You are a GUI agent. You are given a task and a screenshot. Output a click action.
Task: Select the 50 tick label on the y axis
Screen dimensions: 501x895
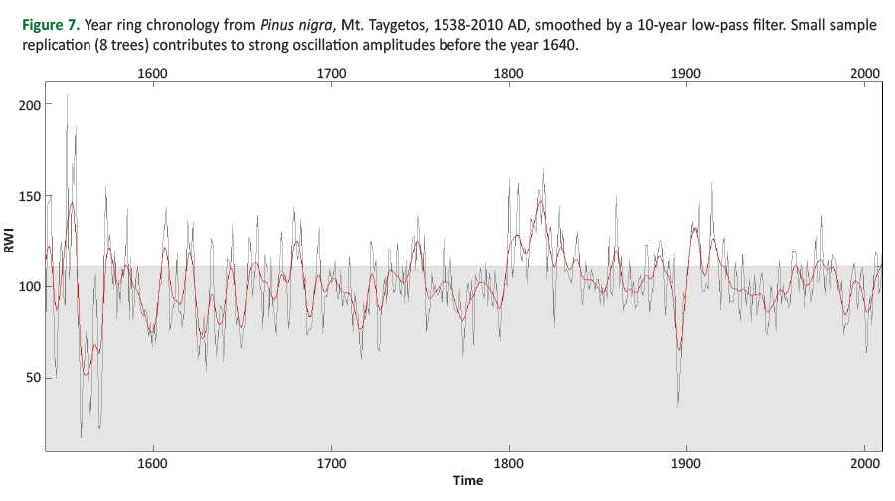(31, 378)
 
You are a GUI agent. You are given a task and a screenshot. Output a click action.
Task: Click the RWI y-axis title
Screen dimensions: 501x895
(9, 242)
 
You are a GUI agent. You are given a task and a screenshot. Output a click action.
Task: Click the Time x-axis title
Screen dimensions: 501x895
(467, 481)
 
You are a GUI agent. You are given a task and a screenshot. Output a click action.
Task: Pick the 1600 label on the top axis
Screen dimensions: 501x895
(152, 73)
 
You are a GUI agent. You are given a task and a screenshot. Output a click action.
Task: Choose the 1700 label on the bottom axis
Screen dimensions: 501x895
(330, 463)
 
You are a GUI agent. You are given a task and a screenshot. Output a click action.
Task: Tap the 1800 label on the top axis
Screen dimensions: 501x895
(509, 73)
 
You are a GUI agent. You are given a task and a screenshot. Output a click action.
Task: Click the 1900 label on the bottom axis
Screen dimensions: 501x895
(687, 463)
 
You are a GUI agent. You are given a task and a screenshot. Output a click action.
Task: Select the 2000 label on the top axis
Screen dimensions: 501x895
(865, 73)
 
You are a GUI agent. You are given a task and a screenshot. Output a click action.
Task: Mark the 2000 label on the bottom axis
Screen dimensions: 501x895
(865, 463)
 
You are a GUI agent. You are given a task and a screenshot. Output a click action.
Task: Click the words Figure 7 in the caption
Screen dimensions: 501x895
(49, 25)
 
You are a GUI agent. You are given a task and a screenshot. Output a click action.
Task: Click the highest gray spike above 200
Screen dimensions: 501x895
(67, 96)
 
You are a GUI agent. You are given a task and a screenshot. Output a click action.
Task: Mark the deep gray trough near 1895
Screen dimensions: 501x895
(678, 404)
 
